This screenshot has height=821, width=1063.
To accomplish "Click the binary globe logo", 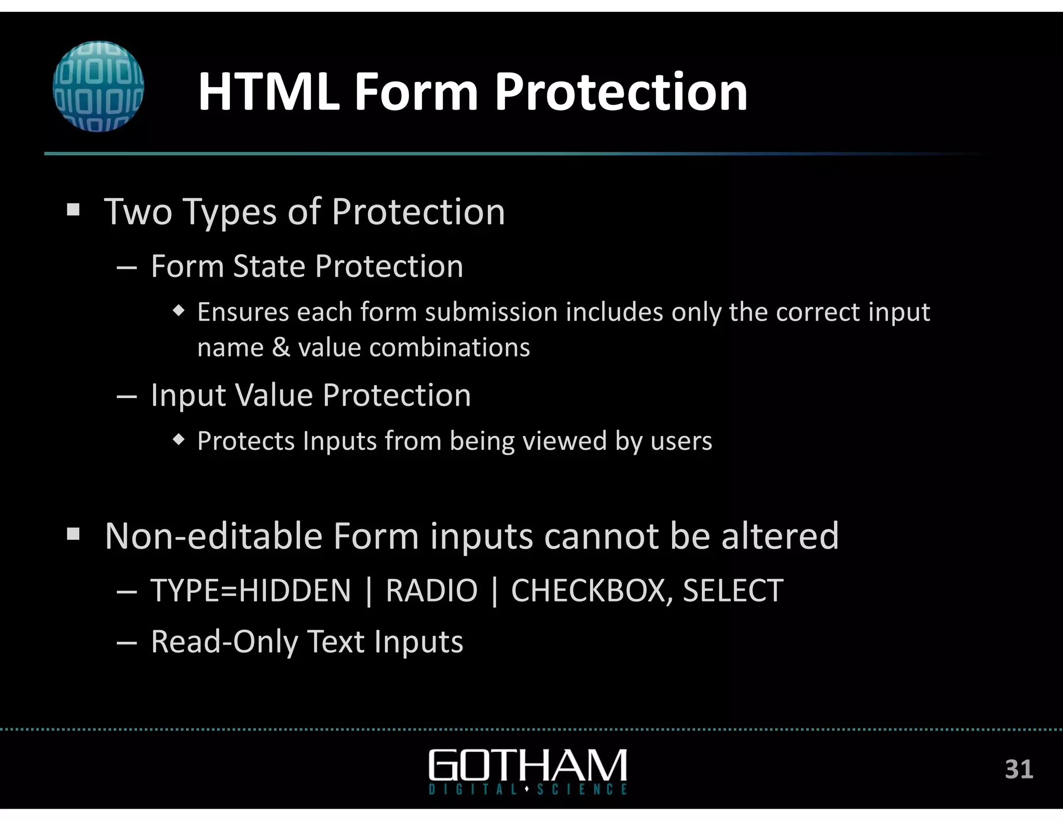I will [98, 87].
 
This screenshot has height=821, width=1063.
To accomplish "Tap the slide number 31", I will [1019, 769].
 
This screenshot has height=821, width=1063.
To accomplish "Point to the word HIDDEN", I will [295, 591].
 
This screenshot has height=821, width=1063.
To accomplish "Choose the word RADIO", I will [431, 591].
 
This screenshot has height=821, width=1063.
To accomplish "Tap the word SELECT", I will [733, 591].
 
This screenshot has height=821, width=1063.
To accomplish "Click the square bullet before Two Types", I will [73, 210].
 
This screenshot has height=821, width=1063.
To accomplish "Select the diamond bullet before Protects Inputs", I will [179, 440].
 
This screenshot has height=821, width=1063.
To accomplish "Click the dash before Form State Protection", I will [127, 268].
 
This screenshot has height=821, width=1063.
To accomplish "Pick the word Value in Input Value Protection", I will [275, 395].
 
